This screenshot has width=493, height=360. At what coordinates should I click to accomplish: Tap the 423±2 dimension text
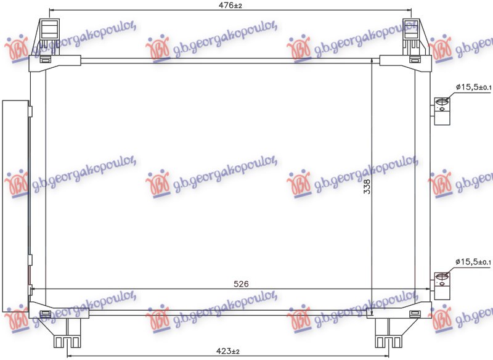[227, 351]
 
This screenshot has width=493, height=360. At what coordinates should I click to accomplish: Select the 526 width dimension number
[241, 284]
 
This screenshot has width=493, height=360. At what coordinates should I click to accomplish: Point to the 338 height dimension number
[367, 187]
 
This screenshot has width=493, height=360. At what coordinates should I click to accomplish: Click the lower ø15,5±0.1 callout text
[473, 263]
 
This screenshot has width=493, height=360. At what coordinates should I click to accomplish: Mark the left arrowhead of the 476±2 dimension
[51, 10]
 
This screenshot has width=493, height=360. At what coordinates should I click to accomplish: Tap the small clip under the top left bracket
[47, 60]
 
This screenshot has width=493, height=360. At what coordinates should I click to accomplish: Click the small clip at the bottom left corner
[45, 314]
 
